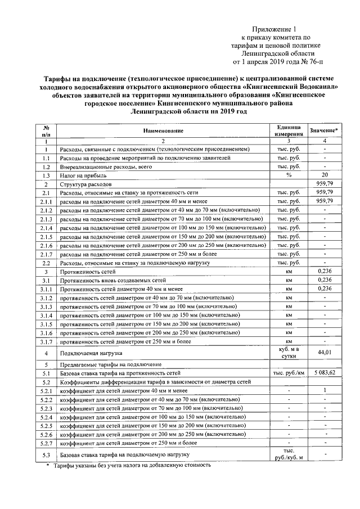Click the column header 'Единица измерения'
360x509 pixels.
(288, 131)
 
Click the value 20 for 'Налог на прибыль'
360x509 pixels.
(325, 175)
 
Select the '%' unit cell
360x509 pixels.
(288, 175)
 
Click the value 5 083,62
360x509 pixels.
(325, 373)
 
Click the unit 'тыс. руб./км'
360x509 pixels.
(288, 373)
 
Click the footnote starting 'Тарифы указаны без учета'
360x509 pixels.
(132, 466)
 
